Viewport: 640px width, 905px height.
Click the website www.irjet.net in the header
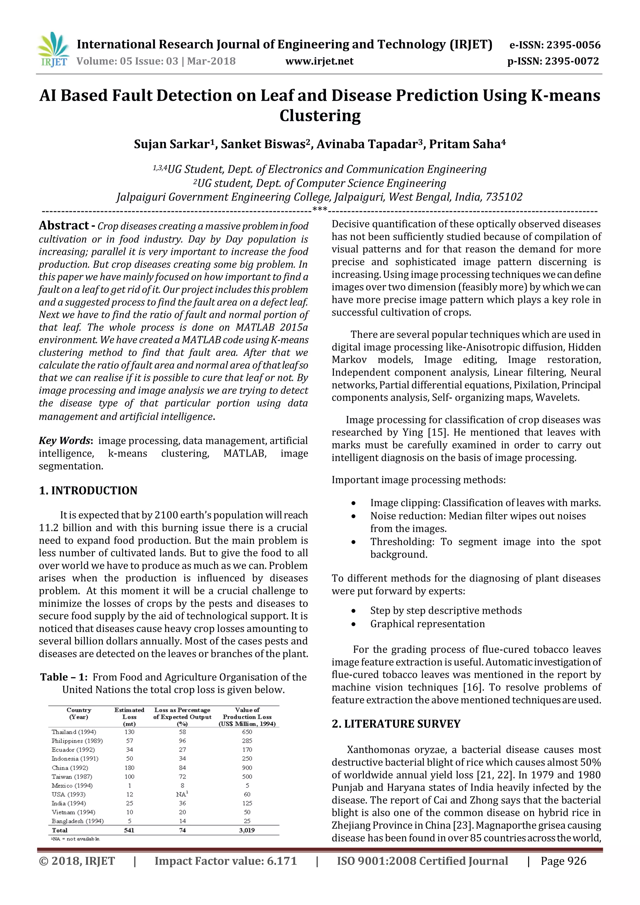pos(319,61)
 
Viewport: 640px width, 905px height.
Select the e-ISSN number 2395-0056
pos(573,45)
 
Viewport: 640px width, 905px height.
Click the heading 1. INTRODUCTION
pos(88,490)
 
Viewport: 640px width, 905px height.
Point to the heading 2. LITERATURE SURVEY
pos(396,724)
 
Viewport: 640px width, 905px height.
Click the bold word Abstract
pos(64,225)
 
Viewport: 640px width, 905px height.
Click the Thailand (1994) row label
pos(74,732)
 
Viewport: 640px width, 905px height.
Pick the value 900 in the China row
pos(247,767)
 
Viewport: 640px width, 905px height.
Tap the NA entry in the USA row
pos(182,794)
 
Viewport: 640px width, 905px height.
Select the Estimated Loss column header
pos(129,717)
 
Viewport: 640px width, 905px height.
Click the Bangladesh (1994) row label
pos(77,821)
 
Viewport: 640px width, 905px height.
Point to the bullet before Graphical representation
pos(353,624)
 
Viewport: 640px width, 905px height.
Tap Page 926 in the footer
pos(563,861)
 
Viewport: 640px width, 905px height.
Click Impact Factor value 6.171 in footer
pos(225,861)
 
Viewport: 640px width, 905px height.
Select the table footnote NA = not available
pos(76,839)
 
